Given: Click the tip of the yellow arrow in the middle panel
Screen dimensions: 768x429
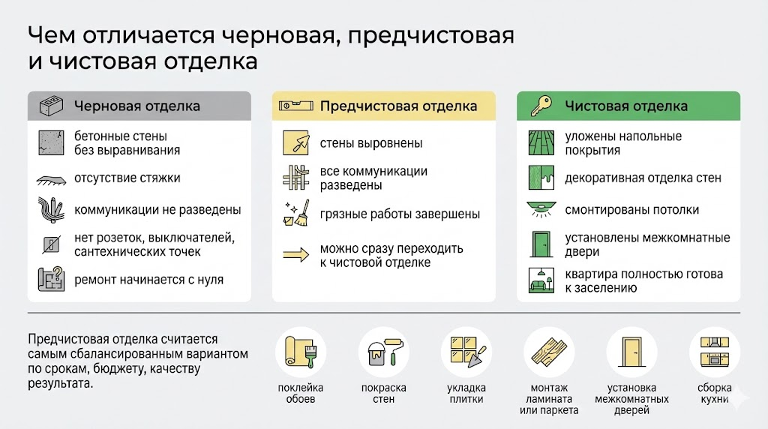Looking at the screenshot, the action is coord(309,255).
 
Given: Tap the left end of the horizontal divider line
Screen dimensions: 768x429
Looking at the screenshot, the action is coord(28,313).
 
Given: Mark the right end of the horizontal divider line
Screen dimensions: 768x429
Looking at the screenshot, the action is coord(740,313).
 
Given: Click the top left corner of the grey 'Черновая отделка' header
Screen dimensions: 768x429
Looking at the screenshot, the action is coord(28,91).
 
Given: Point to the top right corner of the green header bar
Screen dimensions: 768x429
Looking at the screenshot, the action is coord(740,91).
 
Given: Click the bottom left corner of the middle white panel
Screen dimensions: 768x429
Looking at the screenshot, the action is coord(272,301).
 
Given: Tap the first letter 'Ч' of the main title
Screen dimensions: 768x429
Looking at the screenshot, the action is coord(37,35).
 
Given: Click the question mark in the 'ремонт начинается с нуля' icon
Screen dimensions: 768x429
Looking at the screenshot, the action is coord(57,272).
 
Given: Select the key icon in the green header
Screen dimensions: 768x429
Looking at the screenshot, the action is coord(541,106).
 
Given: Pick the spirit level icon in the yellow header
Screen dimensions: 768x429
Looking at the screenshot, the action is coord(295,105).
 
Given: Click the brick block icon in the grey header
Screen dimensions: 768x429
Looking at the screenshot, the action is coord(51,106).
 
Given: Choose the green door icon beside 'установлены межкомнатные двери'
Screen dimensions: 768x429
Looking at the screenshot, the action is coord(541,244).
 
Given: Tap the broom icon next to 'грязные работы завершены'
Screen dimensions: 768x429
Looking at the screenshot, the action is coord(295,213).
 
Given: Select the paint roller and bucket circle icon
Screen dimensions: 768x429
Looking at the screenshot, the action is coord(383,352).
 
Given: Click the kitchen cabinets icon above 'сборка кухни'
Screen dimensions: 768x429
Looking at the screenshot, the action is coord(715,352).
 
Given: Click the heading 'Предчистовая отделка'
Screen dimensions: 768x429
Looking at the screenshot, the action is coord(398,106).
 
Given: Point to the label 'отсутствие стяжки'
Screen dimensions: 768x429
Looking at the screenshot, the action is coord(127,178).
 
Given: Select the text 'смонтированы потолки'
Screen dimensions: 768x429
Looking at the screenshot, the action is coord(631,210).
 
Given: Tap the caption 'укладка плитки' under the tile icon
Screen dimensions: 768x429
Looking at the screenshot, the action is coord(466,393).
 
